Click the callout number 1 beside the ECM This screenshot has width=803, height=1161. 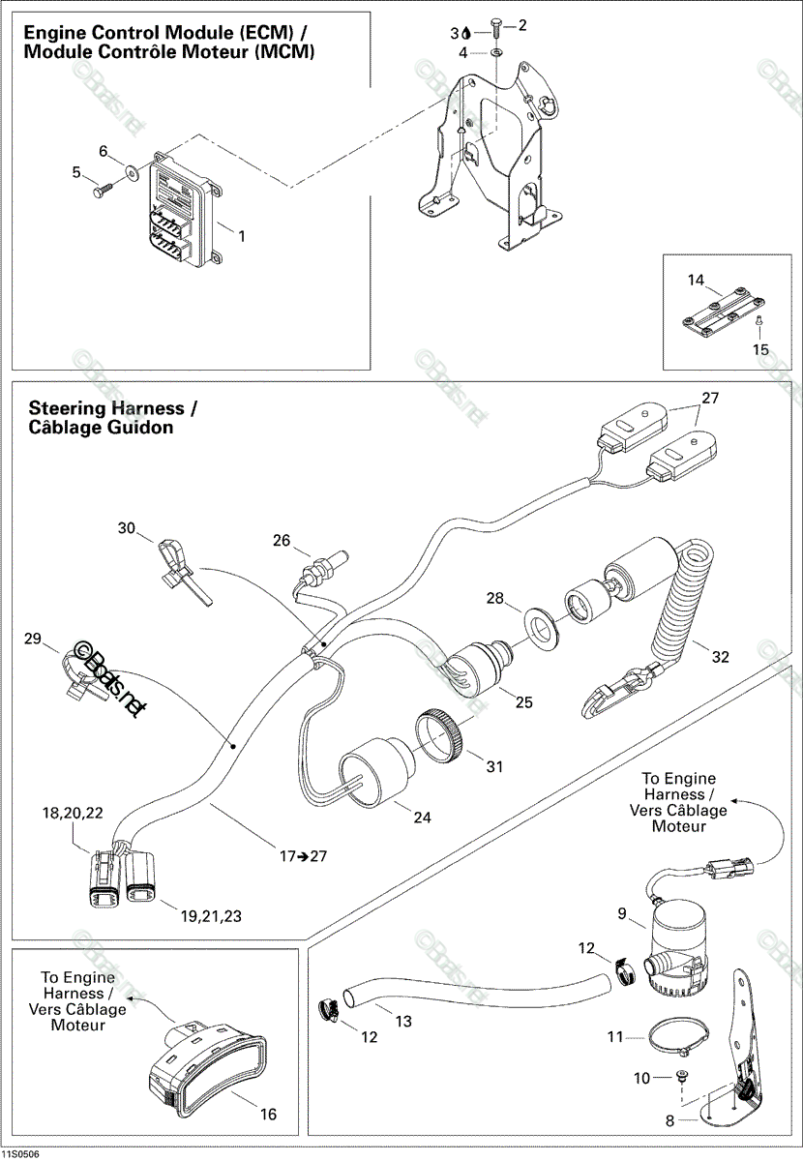[x=242, y=236]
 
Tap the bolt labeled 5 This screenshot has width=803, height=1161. [x=104, y=190]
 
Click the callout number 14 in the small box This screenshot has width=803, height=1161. [x=696, y=281]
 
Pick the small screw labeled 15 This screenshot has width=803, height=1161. [x=758, y=320]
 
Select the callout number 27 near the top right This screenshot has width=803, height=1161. [x=710, y=398]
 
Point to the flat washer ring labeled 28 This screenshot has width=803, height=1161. [x=542, y=628]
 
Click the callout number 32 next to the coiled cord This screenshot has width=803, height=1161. [x=720, y=657]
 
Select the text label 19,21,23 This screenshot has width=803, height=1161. [x=211, y=916]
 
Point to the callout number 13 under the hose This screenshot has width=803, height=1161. [x=403, y=1021]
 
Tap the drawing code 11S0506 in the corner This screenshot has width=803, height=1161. [x=19, y=1155]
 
